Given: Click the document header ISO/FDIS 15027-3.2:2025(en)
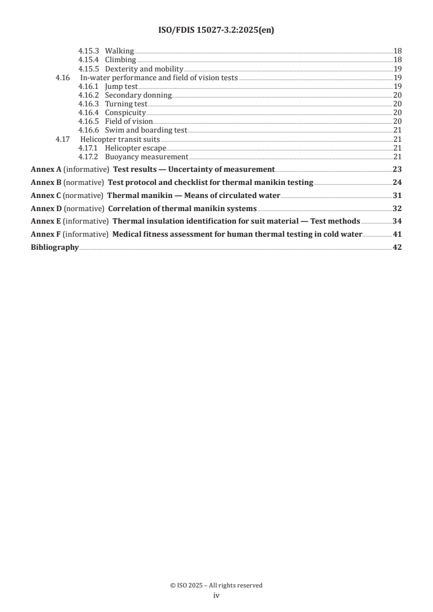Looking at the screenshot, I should (x=216, y=31).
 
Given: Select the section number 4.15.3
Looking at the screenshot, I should (x=88, y=51).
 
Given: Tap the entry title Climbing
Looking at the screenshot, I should (x=120, y=60).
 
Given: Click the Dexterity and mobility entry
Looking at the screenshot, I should (x=144, y=69).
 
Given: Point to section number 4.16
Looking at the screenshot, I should (x=63, y=78).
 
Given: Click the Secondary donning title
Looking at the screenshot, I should (x=138, y=95).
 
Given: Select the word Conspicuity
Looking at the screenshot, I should (x=125, y=113).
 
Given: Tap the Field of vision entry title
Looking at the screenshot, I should (x=128, y=122).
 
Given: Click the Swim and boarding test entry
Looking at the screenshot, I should (x=146, y=130).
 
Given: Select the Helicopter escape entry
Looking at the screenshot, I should (x=135, y=148).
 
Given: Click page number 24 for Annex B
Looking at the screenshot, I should (x=397, y=183).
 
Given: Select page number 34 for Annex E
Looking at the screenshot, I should (x=397, y=221).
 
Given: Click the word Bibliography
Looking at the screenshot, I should (x=55, y=248).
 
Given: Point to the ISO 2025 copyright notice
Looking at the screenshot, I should (x=216, y=585).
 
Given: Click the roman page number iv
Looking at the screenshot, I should (x=216, y=596).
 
